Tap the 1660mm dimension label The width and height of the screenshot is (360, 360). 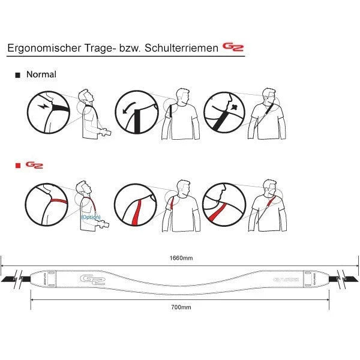tap(181, 258)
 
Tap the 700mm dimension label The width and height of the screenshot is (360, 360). tap(181, 307)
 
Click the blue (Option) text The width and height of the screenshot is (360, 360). tap(91, 217)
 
